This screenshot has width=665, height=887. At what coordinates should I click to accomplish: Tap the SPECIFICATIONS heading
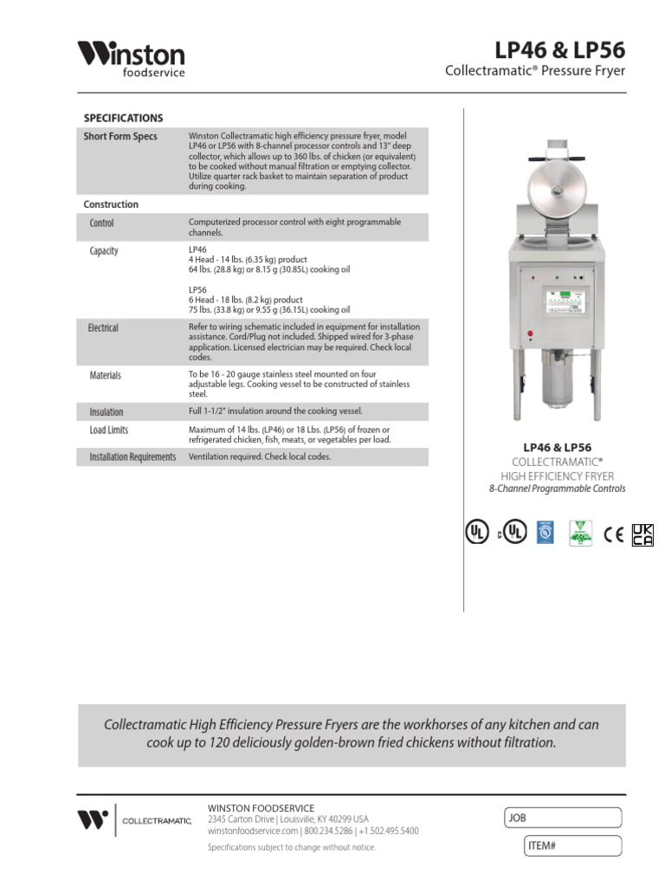click(x=122, y=118)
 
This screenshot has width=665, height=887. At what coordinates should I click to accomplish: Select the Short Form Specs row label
click(x=119, y=137)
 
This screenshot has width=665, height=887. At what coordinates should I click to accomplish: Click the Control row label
click(x=101, y=223)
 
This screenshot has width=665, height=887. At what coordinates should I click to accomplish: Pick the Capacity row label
click(x=104, y=251)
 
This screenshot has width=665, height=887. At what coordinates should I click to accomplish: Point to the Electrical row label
click(x=103, y=328)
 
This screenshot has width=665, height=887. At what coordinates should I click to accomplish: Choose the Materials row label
click(x=105, y=376)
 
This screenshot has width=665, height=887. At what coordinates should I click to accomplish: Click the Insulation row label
click(x=106, y=412)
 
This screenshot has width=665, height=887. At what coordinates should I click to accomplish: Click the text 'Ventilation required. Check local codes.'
click(x=260, y=457)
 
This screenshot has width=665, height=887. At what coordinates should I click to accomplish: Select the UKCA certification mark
click(x=642, y=534)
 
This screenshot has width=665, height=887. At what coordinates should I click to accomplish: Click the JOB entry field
click(x=562, y=818)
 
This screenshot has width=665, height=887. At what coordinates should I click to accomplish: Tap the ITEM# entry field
click(x=572, y=845)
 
